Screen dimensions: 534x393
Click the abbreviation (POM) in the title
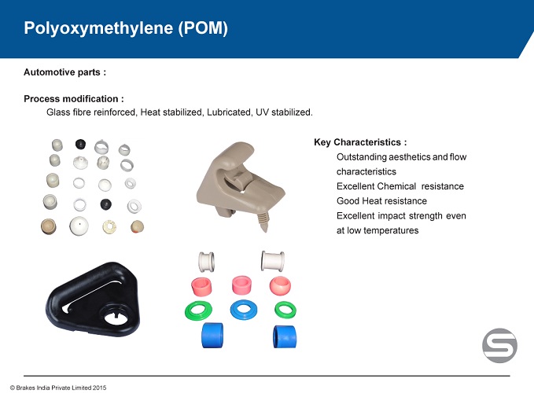(203, 28)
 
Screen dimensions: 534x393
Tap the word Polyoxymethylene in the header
(98, 28)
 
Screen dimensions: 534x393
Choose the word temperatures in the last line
(391, 231)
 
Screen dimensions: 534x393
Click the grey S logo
(499, 345)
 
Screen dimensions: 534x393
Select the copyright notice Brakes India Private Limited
(58, 387)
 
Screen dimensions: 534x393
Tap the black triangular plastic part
(93, 299)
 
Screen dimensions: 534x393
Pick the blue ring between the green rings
(244, 310)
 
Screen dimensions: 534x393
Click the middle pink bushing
(241, 285)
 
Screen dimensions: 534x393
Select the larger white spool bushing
(272, 261)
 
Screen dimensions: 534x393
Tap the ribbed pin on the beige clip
(263, 222)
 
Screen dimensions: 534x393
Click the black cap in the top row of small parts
(80, 145)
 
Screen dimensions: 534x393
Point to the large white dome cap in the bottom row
(79, 226)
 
